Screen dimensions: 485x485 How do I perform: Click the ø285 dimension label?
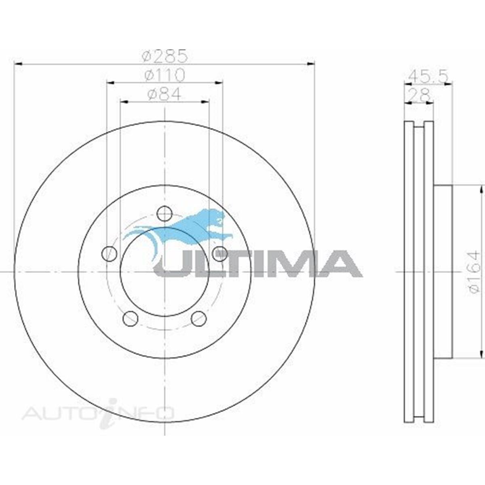(165, 56)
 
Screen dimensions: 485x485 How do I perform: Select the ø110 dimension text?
(165, 75)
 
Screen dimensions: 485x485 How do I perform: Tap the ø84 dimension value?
(164, 94)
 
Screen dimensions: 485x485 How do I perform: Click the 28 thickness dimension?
(419, 95)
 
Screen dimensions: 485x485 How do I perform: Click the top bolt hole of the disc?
(164, 213)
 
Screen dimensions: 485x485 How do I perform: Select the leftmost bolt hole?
(109, 254)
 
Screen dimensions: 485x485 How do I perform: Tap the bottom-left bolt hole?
(130, 318)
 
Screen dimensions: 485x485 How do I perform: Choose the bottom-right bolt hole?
(199, 318)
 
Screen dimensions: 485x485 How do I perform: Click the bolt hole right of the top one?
(220, 254)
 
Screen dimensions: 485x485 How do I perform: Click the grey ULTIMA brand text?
(259, 264)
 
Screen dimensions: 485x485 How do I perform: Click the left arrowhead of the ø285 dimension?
(18, 63)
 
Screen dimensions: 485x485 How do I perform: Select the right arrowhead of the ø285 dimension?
(311, 63)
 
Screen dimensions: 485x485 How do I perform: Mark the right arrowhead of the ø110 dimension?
(219, 82)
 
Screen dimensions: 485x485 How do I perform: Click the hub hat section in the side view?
(443, 272)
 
